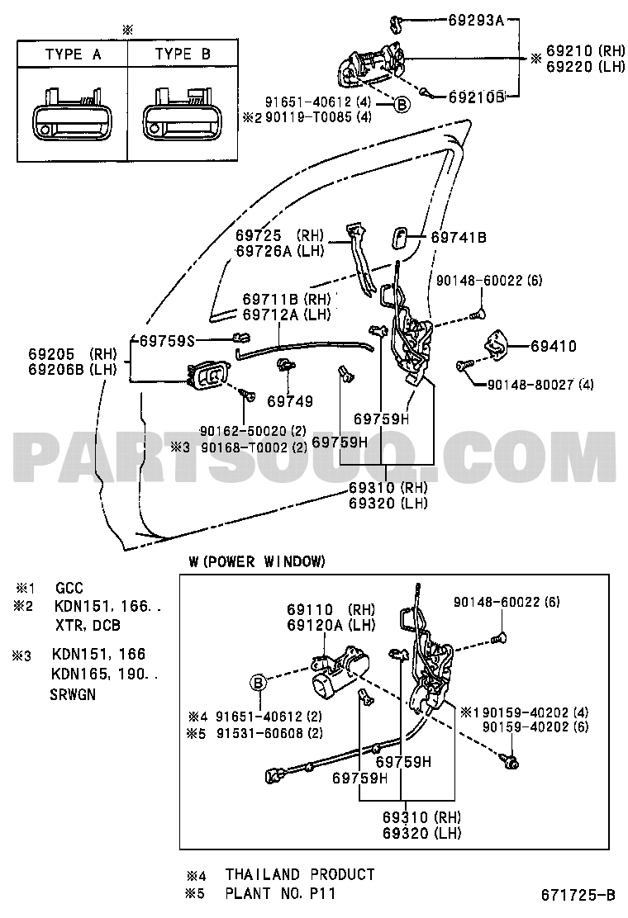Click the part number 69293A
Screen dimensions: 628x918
click(x=476, y=21)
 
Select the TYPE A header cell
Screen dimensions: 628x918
click(x=73, y=54)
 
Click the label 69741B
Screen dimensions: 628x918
click(x=459, y=238)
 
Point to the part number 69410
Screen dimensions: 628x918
click(x=554, y=346)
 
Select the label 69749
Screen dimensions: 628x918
click(x=290, y=401)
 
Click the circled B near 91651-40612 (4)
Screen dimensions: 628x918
click(x=402, y=104)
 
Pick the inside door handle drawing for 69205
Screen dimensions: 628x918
click(x=208, y=375)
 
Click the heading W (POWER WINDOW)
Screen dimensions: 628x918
click(x=257, y=562)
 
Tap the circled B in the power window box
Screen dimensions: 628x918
click(x=259, y=682)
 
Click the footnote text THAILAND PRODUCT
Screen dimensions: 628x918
click(x=300, y=875)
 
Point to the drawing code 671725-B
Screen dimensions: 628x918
click(x=578, y=895)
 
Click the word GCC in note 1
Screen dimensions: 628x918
click(x=69, y=588)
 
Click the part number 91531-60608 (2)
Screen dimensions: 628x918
click(x=269, y=733)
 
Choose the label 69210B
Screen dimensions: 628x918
click(x=476, y=97)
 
